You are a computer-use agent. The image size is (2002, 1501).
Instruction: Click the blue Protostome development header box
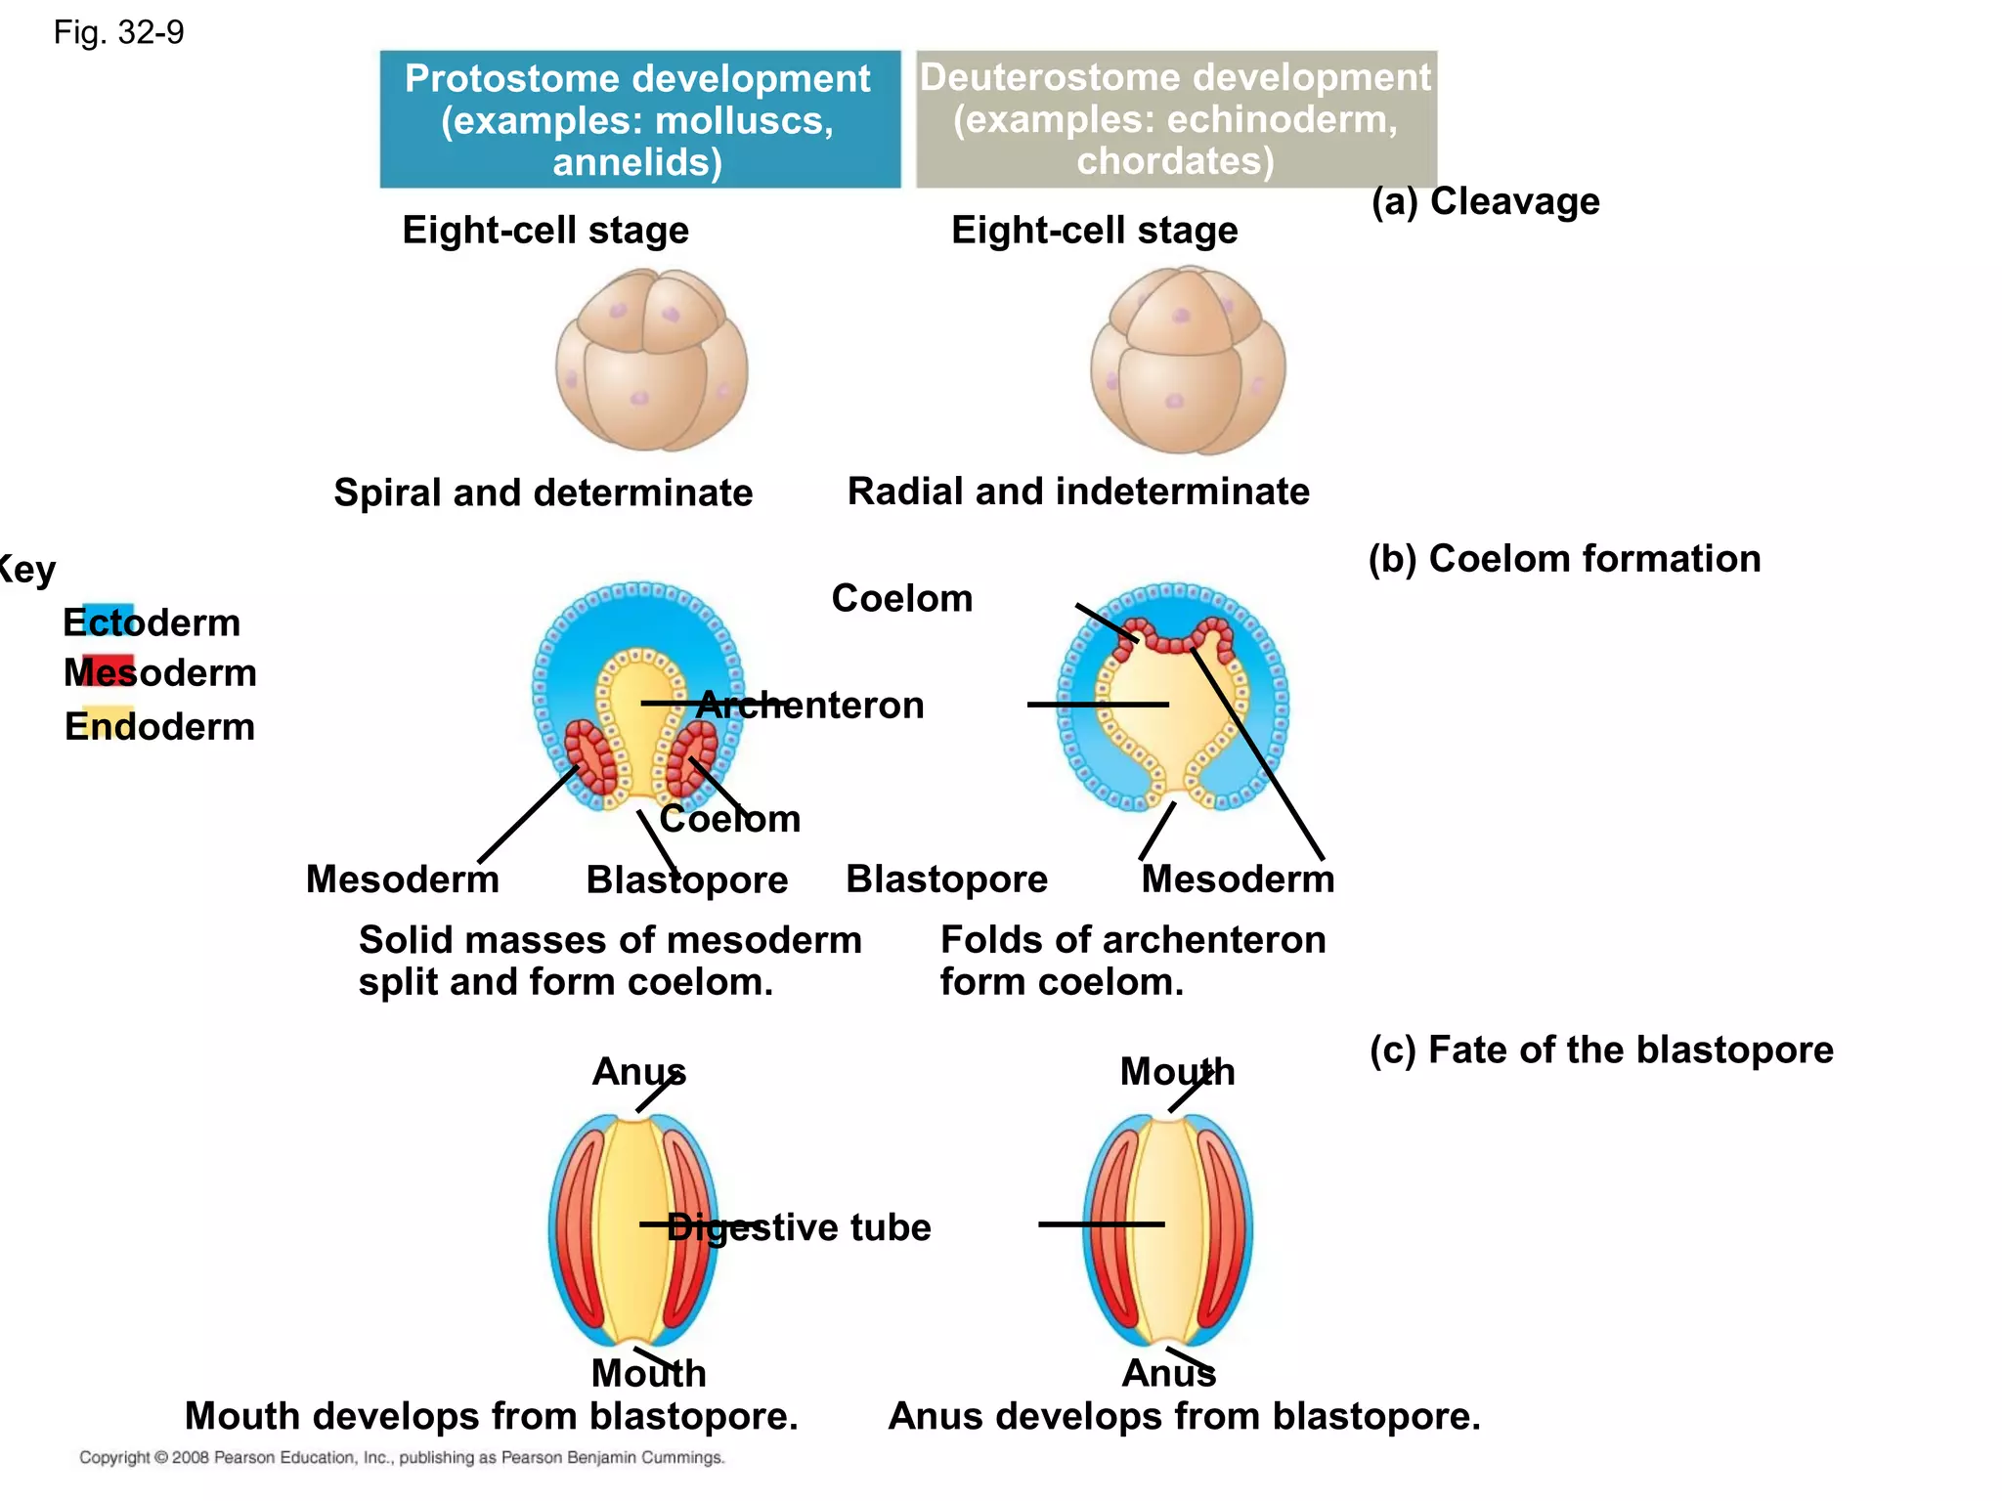click(x=639, y=119)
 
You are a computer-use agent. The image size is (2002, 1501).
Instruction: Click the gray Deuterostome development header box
click(x=1175, y=119)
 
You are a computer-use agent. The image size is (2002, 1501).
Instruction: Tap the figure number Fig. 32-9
click(x=118, y=33)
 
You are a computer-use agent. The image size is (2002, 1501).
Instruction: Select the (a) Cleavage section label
click(x=1485, y=201)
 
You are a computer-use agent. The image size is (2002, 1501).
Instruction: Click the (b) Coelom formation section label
click(x=1564, y=559)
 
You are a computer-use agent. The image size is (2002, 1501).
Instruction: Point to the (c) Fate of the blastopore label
click(x=1600, y=1050)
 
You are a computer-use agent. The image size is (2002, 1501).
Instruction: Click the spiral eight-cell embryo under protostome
click(x=652, y=360)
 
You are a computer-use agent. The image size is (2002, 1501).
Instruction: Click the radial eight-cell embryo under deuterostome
click(x=1188, y=360)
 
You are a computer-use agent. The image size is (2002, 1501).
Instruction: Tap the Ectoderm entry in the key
click(x=152, y=622)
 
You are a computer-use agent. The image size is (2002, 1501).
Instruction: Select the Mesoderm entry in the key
click(x=159, y=673)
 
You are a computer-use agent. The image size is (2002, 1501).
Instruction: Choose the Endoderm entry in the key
click(x=159, y=727)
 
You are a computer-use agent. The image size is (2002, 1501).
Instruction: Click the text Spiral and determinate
click(x=544, y=493)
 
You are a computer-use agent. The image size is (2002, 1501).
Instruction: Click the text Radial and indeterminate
click(x=1078, y=492)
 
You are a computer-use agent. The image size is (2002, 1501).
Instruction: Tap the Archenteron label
click(x=809, y=705)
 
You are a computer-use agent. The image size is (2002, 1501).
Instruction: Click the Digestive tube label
click(x=799, y=1227)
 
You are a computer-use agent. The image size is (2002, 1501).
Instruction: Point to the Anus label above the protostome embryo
click(x=638, y=1072)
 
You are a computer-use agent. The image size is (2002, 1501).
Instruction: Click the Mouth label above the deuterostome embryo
click(x=1177, y=1072)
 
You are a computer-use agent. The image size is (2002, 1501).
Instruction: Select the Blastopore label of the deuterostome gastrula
click(x=946, y=879)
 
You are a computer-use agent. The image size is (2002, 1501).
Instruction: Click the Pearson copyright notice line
click(x=402, y=1457)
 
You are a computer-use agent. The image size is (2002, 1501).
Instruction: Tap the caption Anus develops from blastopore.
click(x=1184, y=1416)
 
